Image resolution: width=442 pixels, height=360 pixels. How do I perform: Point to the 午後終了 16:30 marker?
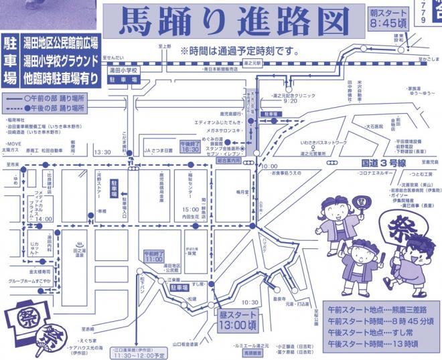click(190, 146)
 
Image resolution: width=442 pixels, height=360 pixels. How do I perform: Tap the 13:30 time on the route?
click(103, 152)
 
